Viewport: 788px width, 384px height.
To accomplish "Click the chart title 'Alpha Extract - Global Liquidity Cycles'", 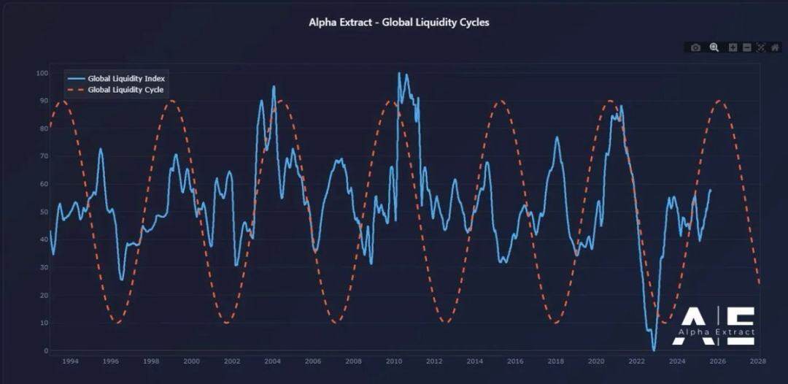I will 399,23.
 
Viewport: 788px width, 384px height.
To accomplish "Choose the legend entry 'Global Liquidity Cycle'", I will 125,90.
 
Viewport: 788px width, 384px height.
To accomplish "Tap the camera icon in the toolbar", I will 695,47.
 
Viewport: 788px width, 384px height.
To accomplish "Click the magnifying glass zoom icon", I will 714,47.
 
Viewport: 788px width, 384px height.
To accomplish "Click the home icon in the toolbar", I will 775,47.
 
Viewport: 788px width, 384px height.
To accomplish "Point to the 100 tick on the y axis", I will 42,74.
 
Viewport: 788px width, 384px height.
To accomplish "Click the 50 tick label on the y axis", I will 43,212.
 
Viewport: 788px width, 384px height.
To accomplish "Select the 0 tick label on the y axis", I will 45,350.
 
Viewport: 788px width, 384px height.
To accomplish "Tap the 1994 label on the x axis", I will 70,361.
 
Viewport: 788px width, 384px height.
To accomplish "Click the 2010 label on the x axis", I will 394,361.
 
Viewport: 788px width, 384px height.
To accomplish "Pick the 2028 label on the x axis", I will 758,361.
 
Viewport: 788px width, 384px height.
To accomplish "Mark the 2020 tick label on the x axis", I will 596,361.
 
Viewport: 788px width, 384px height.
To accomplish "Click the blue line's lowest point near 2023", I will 654,350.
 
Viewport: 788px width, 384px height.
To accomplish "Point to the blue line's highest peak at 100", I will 399,73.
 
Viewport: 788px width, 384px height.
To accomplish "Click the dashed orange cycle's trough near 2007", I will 336,322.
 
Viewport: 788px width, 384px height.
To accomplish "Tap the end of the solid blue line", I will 711,190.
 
